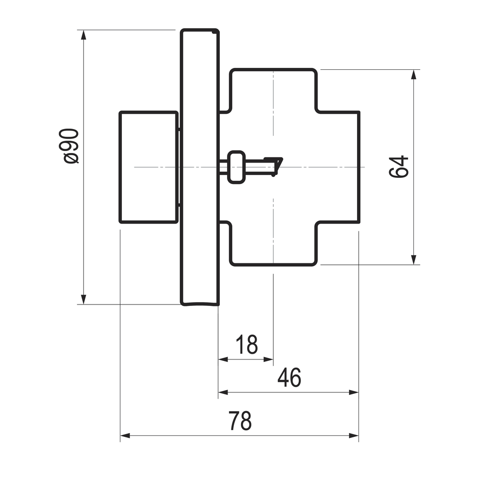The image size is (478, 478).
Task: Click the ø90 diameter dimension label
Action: click(71, 146)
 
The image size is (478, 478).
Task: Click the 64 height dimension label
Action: click(399, 167)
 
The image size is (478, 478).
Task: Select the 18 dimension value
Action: click(247, 345)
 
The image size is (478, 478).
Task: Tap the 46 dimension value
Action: click(289, 378)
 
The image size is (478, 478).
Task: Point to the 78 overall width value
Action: click(240, 421)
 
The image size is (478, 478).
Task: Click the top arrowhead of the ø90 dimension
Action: click(83, 35)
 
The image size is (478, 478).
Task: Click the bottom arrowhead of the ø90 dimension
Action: click(83, 299)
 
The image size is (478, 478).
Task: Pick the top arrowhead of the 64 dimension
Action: click(413, 75)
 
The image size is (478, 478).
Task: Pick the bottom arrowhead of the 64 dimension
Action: click(413, 260)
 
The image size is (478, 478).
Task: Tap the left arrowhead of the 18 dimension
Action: click(223, 359)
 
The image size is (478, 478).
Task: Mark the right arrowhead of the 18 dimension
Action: click(268, 359)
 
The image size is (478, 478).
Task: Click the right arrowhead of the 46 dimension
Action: click(354, 392)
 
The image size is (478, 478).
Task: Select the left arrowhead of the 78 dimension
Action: click(125, 435)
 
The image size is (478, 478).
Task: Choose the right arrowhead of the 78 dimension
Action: click(354, 435)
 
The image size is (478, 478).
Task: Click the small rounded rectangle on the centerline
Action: click(236, 167)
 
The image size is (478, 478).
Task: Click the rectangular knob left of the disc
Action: click(149, 167)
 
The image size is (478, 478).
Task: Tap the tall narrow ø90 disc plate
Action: click(200, 167)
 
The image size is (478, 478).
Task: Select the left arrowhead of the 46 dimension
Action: click(223, 392)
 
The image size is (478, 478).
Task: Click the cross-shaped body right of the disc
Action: click(290, 167)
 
